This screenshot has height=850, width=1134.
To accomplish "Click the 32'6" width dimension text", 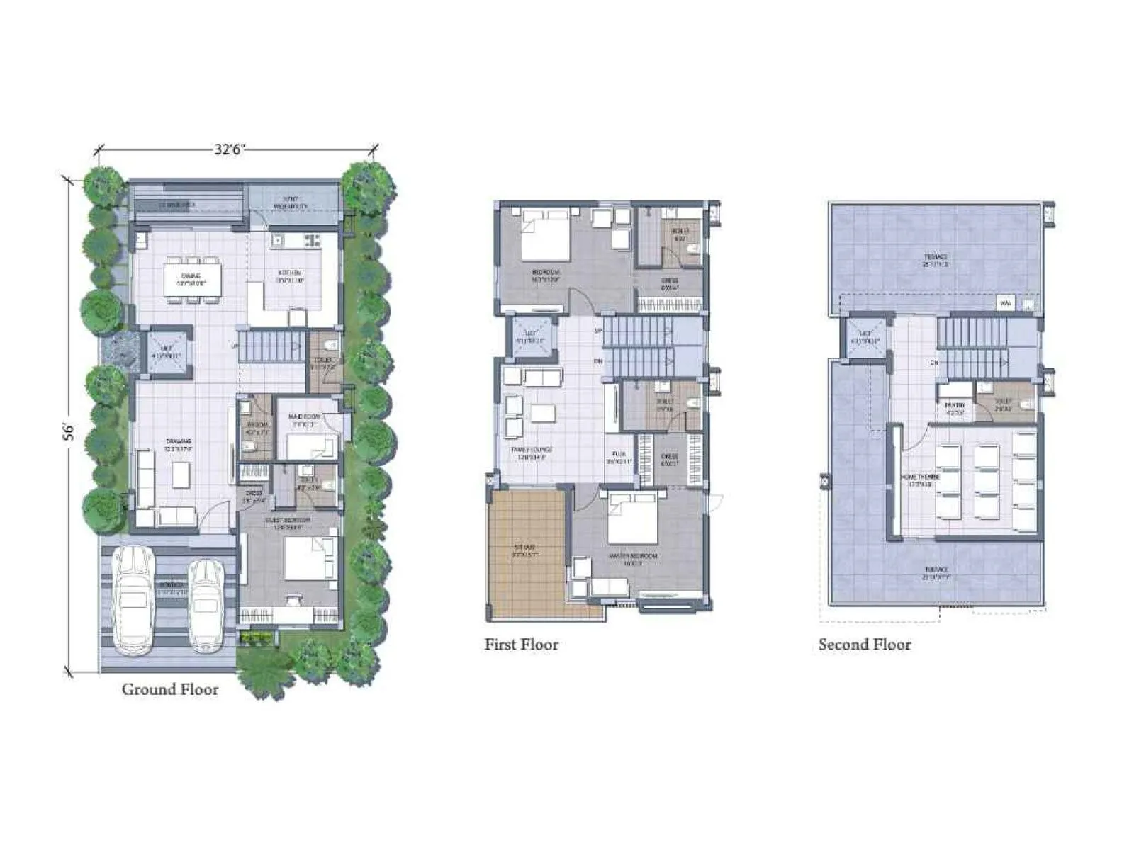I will click(230, 149).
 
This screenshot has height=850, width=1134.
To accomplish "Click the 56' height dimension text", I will click(69, 431).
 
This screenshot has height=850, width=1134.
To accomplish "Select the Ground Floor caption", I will click(170, 689).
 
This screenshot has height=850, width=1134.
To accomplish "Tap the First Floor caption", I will click(521, 645).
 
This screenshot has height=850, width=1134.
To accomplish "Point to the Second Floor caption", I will click(865, 645).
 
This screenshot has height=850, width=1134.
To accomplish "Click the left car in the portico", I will click(133, 599).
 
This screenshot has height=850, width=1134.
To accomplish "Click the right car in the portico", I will click(206, 605).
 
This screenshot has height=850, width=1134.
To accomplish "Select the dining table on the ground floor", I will click(192, 278).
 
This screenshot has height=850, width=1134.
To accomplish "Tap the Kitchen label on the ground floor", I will click(290, 273).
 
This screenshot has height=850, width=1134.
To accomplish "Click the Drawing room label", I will click(179, 441).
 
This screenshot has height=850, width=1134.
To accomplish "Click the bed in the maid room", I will click(310, 446).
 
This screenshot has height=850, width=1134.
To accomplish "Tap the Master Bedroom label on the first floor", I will click(633, 556).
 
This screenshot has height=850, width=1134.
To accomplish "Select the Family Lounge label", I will click(532, 450).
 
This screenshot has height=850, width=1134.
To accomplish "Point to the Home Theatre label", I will click(920, 477).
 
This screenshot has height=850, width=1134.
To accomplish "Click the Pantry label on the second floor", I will click(955, 406).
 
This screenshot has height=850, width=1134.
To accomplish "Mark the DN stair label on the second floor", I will click(935, 363).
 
